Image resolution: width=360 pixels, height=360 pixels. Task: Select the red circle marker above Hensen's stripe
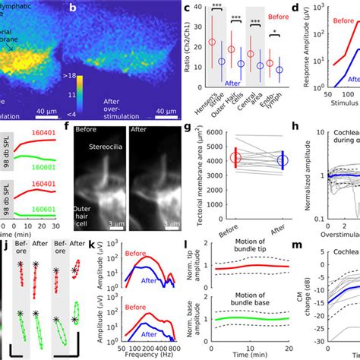(212, 43)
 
